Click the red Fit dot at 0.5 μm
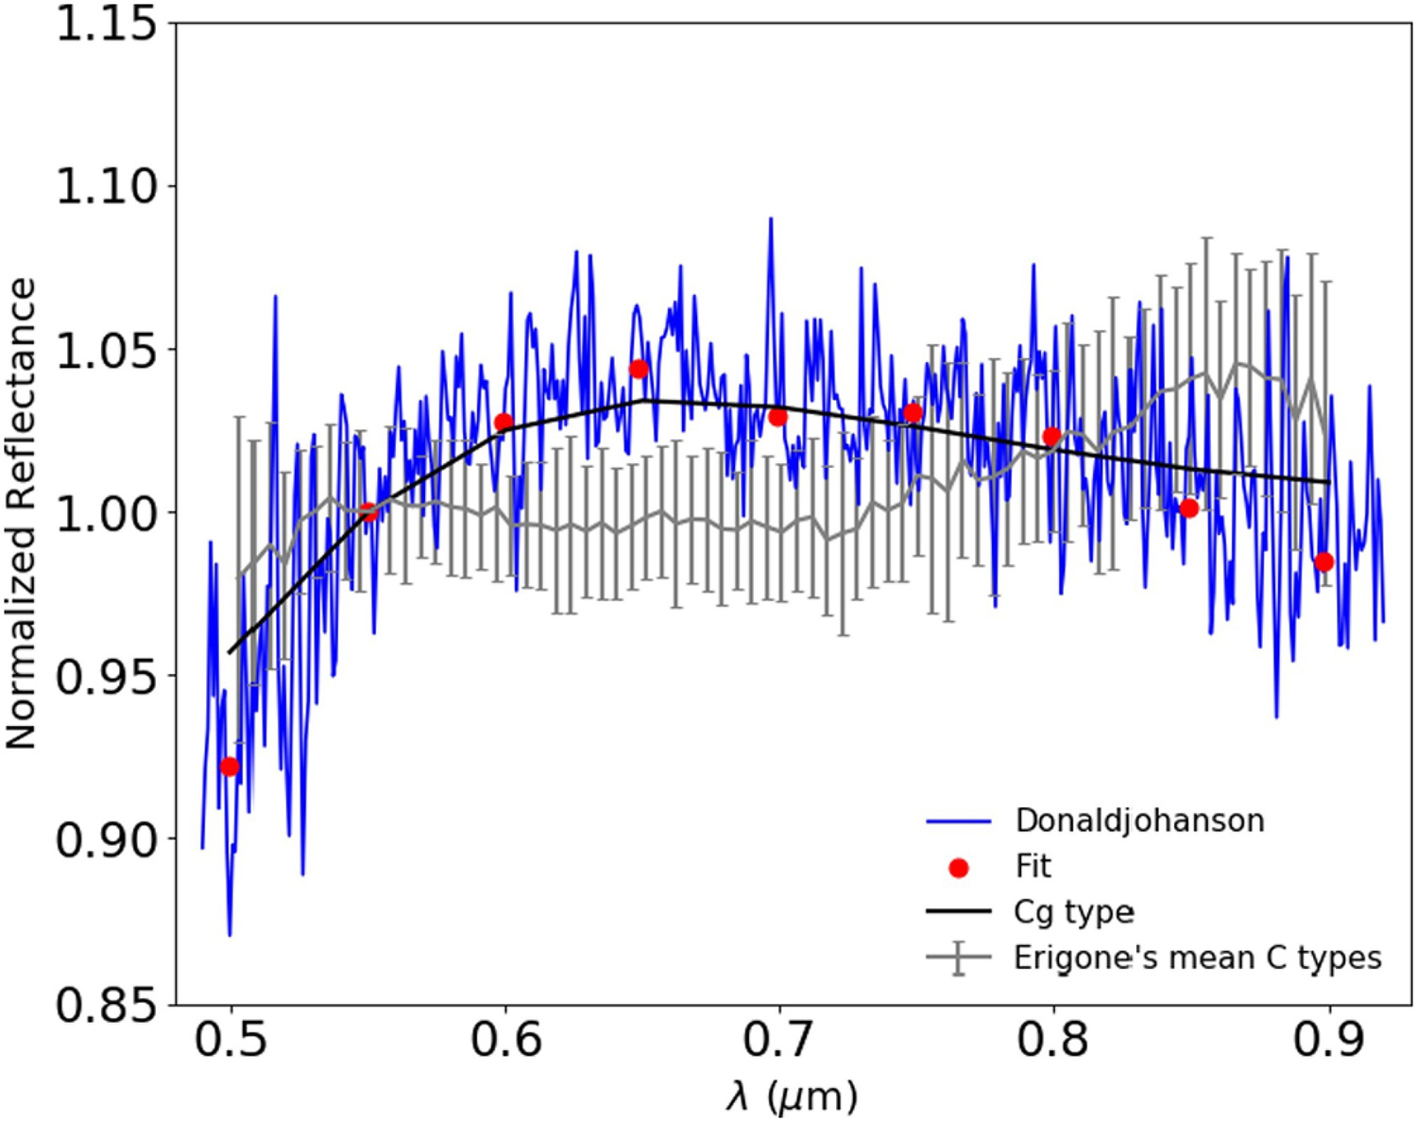click(230, 767)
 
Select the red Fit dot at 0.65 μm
click(639, 369)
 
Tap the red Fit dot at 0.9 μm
click(1323, 562)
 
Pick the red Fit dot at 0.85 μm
click(1188, 509)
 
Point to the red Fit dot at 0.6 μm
click(504, 423)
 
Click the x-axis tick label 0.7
click(778, 1040)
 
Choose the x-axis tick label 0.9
click(1328, 1040)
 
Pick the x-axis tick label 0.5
click(230, 1040)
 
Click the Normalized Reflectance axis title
click(21, 513)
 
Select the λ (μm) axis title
click(792, 1096)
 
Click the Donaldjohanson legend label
click(1139, 820)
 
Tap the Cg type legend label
click(1074, 912)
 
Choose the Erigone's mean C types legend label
click(1197, 958)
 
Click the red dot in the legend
click(959, 868)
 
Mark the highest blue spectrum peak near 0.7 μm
click(771, 219)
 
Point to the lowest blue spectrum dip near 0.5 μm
click(230, 934)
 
